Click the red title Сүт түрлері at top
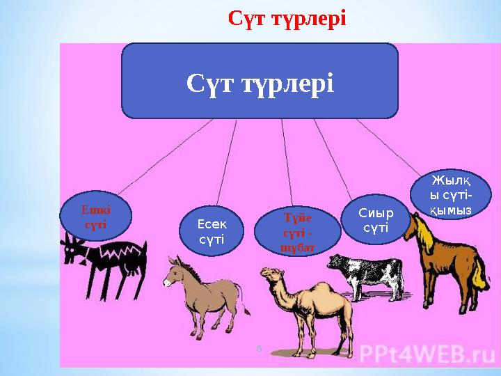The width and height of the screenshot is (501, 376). [x=287, y=17]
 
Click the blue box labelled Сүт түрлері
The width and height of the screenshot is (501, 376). [x=260, y=82]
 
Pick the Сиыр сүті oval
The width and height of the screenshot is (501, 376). [x=375, y=220]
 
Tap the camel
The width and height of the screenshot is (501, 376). [x=313, y=306]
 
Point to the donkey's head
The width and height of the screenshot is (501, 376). [x=174, y=272]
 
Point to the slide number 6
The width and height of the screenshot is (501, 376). [x=259, y=347]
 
